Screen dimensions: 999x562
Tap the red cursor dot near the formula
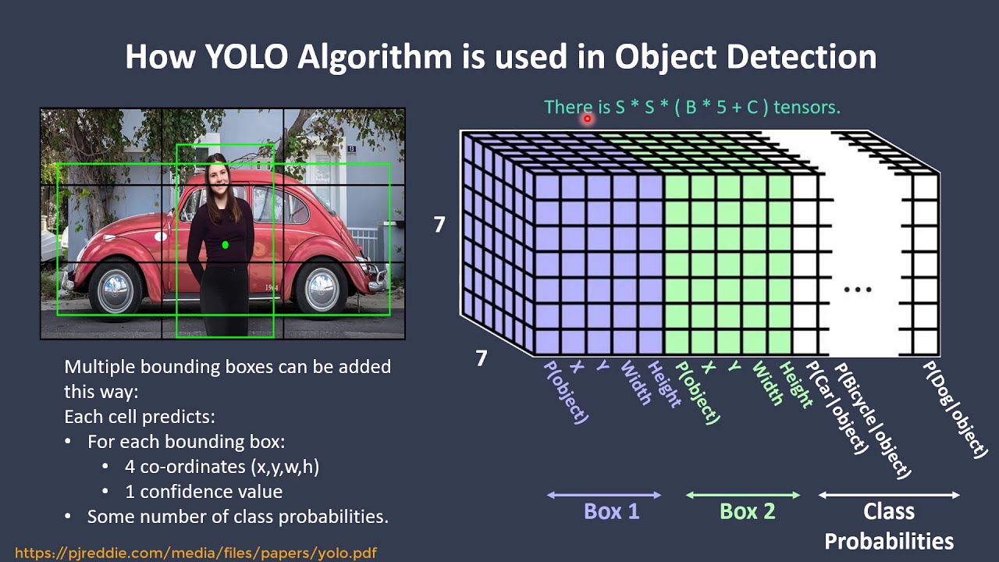pyautogui.click(x=588, y=119)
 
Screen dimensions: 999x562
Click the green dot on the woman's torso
pyautogui.click(x=226, y=244)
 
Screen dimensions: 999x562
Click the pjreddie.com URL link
pyautogui.click(x=196, y=553)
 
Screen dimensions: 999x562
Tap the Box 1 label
pyautogui.click(x=611, y=511)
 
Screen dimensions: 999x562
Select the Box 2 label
pyautogui.click(x=748, y=511)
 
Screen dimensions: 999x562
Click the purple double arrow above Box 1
pyautogui.click(x=604, y=495)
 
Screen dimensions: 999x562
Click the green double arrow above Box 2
pyautogui.click(x=743, y=495)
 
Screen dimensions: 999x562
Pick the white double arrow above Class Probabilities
pyautogui.click(x=889, y=495)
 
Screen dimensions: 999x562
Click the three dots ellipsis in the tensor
pyautogui.click(x=858, y=290)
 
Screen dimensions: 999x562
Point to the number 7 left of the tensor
pyautogui.click(x=439, y=224)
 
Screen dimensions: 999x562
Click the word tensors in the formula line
pyautogui.click(x=807, y=108)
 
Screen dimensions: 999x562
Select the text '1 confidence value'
pyautogui.click(x=204, y=492)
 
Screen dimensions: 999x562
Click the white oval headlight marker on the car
pyautogui.click(x=161, y=236)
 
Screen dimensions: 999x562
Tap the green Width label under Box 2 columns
pyautogui.click(x=767, y=382)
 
